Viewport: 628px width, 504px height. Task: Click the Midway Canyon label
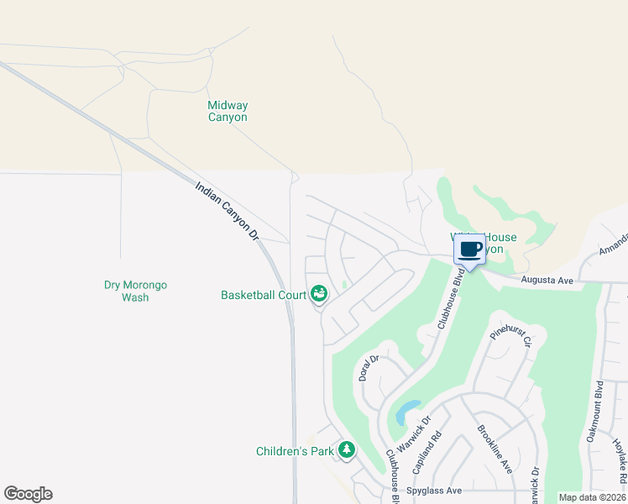click(x=228, y=112)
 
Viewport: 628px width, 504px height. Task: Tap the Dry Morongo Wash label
click(x=135, y=291)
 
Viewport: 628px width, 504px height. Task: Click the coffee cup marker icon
click(x=470, y=249)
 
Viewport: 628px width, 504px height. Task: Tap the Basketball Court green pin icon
click(x=319, y=294)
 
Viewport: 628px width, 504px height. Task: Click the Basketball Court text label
click(x=263, y=295)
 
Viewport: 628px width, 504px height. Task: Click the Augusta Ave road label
click(x=547, y=280)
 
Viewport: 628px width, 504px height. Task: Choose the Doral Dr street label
click(x=369, y=368)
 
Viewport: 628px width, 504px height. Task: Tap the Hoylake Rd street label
click(x=619, y=461)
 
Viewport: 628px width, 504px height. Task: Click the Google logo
click(x=28, y=494)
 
